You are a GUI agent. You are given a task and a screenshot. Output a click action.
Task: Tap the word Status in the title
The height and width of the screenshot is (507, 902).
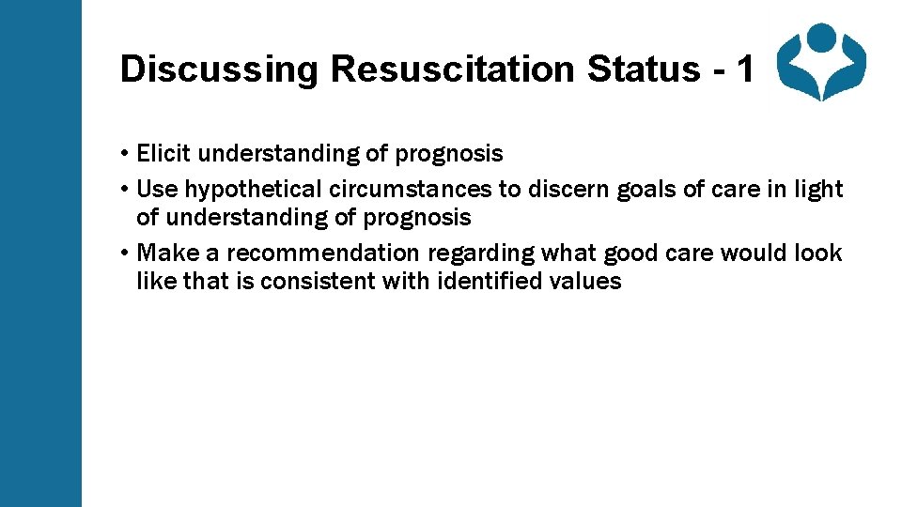(648, 69)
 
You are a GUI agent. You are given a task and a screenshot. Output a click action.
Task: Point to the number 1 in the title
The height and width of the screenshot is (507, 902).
(744, 69)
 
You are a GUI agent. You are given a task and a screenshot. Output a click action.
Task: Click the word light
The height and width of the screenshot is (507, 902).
(819, 189)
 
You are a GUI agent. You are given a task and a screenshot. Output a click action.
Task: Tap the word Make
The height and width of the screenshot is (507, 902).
(163, 253)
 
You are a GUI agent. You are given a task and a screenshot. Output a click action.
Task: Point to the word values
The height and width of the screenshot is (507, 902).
(587, 281)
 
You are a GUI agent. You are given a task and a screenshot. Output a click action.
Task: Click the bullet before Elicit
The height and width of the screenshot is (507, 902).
(125, 154)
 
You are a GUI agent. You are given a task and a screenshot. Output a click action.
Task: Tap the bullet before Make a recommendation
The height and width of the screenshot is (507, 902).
(125, 253)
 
